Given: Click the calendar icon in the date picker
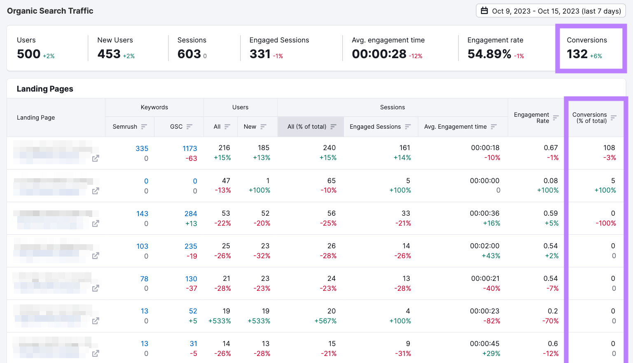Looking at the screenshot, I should point(485,11).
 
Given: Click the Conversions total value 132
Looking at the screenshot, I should point(577,54).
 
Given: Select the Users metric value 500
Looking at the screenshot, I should point(28,54).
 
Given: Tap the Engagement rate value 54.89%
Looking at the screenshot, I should point(489,54).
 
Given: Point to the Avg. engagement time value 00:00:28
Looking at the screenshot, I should point(379,54).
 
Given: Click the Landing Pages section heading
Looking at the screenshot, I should point(45,89).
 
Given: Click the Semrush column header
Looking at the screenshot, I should point(125,127).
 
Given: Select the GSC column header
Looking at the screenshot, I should point(176,127).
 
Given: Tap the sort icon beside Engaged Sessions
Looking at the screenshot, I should point(408,127).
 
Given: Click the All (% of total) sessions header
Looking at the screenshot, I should point(307,127).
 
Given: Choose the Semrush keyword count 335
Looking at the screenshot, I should point(142,148).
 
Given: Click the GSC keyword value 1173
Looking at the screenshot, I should point(189,148).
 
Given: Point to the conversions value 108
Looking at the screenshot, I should point(609,148).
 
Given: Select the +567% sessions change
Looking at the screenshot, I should point(325,321).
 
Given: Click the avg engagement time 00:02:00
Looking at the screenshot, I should point(484,246).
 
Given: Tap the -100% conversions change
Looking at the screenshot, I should point(605,223).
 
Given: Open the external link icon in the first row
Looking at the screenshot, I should point(96,158).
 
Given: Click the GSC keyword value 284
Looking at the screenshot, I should point(190,214).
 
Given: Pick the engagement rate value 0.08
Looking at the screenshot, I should point(550,181).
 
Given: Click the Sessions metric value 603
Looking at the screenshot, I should point(189,54).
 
